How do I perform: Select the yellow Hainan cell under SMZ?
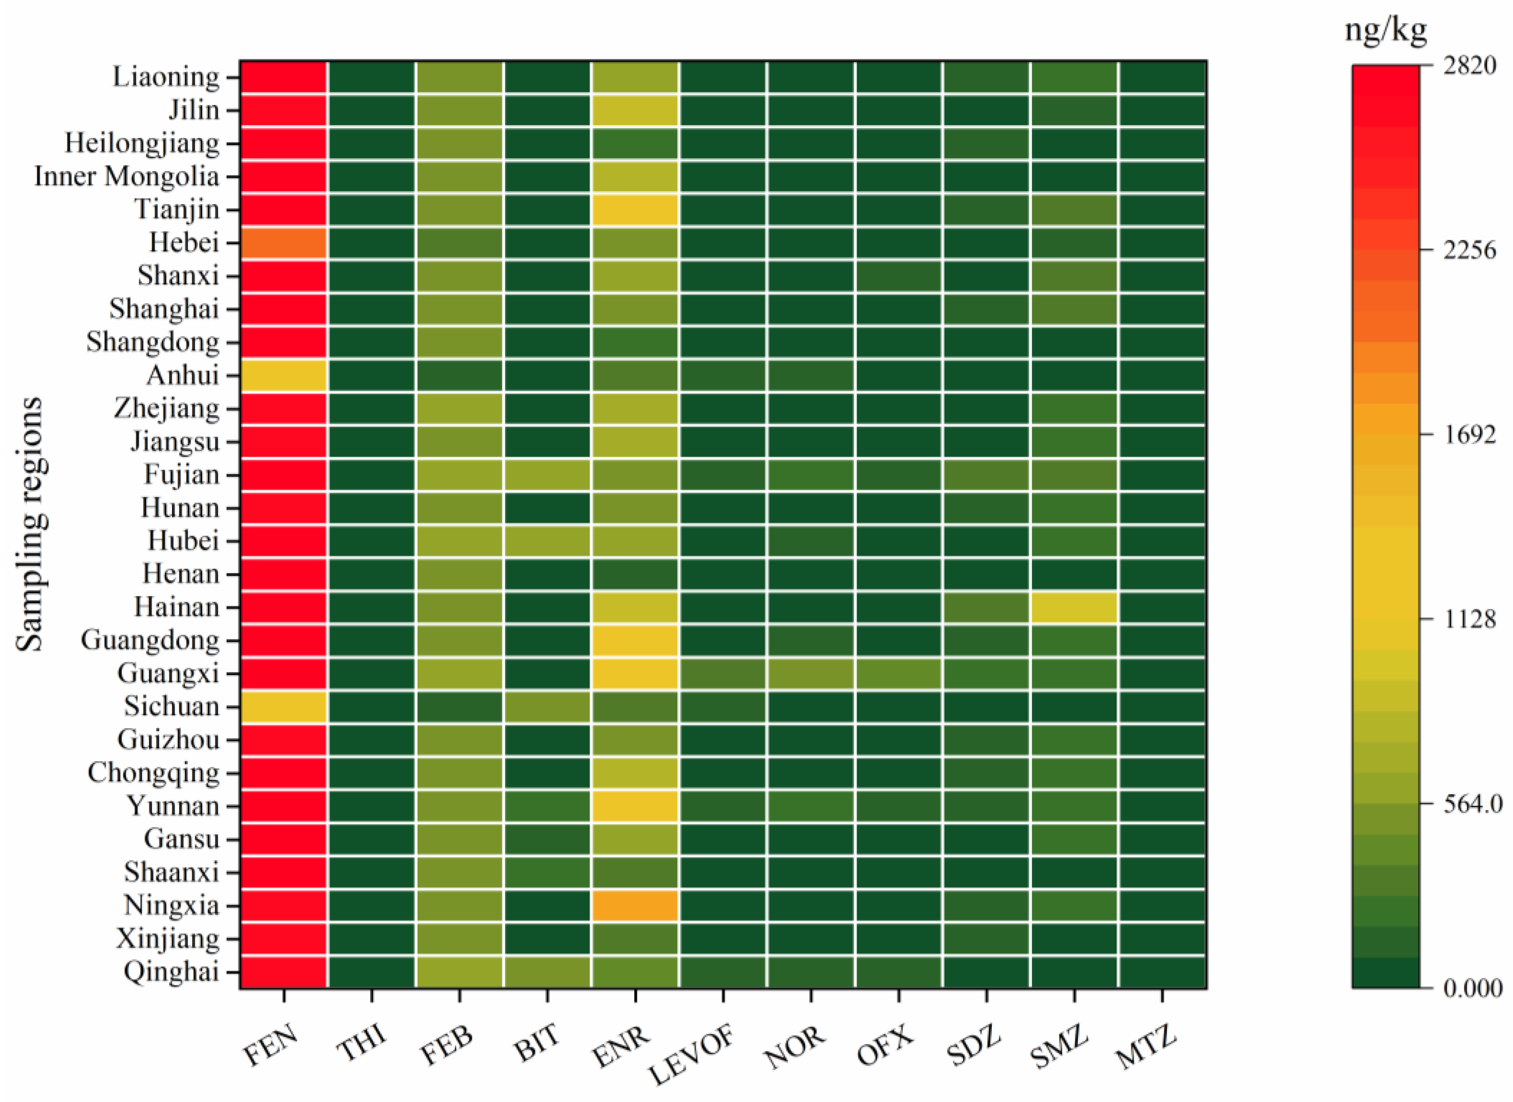point(1074,607)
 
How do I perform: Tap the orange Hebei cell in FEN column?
point(284,243)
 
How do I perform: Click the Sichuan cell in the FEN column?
point(284,706)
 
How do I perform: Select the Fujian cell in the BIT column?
point(547,475)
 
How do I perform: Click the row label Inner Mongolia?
point(127,177)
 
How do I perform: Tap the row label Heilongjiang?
point(142,143)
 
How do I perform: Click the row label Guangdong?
point(150,640)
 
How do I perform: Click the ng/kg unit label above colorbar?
point(1385,30)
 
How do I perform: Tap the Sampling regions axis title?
point(30,524)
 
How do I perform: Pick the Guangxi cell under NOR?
point(810,673)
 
